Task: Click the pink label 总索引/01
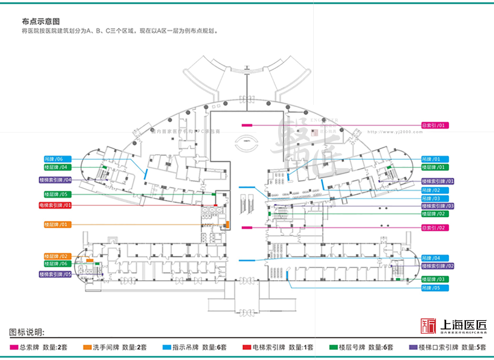click(x=435, y=125)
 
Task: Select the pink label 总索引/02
click(x=435, y=228)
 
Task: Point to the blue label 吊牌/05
click(x=435, y=288)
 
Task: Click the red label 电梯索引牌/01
click(x=58, y=205)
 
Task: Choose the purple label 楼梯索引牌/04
click(x=56, y=180)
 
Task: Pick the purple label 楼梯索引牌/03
click(x=438, y=206)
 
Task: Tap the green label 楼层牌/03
click(x=435, y=279)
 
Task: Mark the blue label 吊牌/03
click(x=435, y=199)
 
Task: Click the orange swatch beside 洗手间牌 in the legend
click(x=87, y=347)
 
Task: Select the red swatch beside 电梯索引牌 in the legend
click(x=247, y=347)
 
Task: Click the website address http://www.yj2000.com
click(x=395, y=132)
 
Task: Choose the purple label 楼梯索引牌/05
click(x=56, y=274)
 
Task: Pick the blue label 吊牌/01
click(x=435, y=159)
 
